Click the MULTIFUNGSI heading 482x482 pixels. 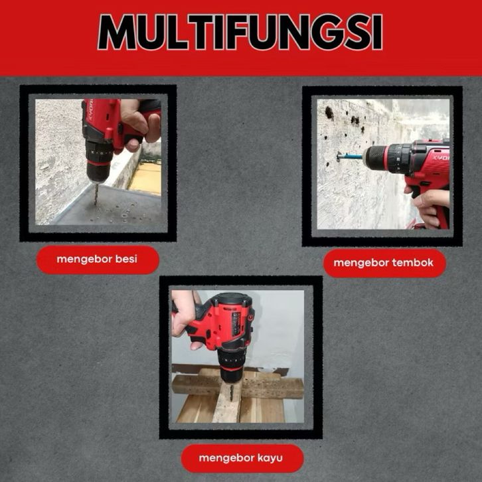[x=240, y=32]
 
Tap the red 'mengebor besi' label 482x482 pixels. [x=98, y=260]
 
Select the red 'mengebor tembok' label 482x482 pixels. [x=384, y=263]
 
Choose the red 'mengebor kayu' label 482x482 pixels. [x=242, y=458]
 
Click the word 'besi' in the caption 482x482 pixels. [x=126, y=259]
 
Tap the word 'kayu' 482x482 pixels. [x=270, y=458]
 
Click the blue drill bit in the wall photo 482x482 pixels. [x=351, y=157]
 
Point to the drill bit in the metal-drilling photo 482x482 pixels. [x=96, y=194]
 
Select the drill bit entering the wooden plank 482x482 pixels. [x=231, y=392]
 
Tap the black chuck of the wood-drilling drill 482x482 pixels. [x=231, y=366]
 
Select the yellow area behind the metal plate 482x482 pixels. [x=146, y=179]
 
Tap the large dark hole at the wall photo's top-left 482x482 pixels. [x=329, y=113]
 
